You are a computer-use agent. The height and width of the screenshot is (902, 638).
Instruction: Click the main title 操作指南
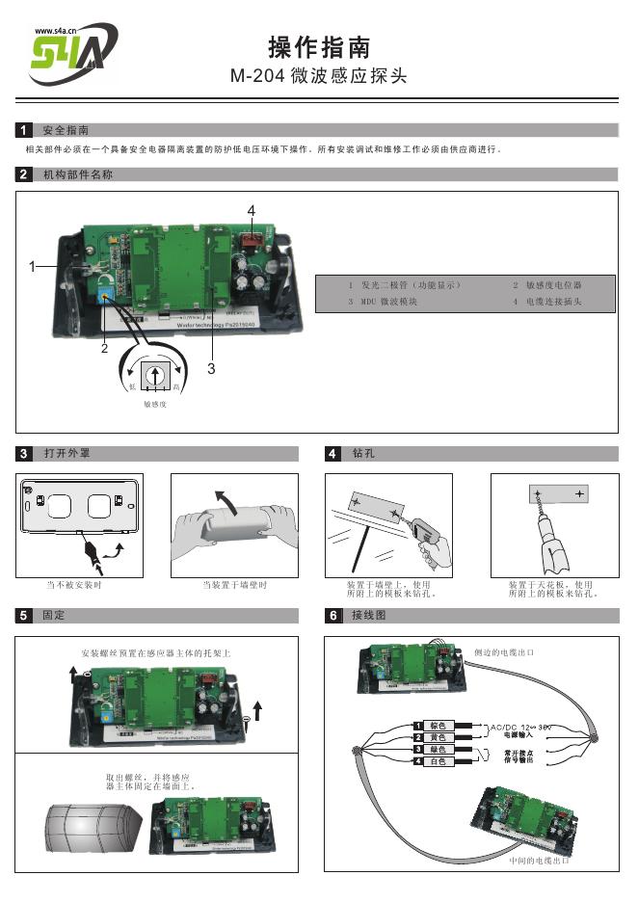click(x=318, y=47)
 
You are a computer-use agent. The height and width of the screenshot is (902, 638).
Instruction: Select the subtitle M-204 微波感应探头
click(x=318, y=76)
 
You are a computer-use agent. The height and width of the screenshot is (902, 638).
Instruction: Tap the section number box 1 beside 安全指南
click(x=24, y=130)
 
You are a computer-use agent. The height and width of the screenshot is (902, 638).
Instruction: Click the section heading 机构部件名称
click(x=78, y=174)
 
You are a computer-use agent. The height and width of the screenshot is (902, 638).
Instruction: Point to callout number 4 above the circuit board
click(x=251, y=210)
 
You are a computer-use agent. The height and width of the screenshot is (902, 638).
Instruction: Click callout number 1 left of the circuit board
click(x=32, y=266)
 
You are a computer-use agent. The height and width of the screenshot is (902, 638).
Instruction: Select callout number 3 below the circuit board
click(x=210, y=367)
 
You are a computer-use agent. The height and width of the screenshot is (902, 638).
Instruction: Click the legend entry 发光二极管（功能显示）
click(x=405, y=286)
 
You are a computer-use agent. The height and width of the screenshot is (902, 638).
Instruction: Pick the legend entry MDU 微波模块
click(x=383, y=303)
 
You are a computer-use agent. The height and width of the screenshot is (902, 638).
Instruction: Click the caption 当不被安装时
click(x=74, y=585)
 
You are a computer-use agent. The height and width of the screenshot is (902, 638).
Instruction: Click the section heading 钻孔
click(x=363, y=452)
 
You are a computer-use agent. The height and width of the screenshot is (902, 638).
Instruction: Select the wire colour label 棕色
click(x=437, y=725)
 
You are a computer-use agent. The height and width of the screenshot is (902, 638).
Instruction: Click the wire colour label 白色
click(x=437, y=762)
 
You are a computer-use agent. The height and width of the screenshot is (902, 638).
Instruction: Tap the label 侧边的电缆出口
click(x=505, y=652)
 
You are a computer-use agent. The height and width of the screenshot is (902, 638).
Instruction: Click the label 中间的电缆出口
click(x=540, y=860)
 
